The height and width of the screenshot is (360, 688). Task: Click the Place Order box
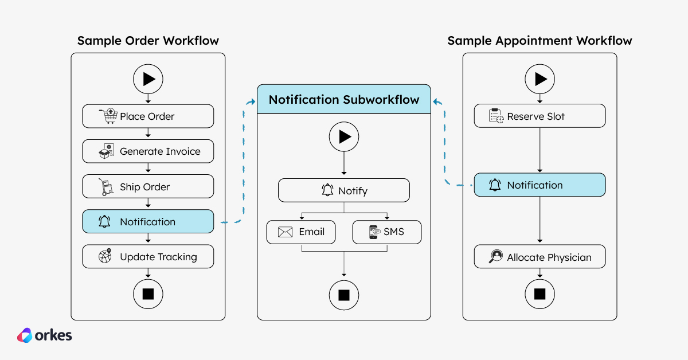[148, 116]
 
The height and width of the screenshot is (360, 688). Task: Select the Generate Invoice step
[148, 151]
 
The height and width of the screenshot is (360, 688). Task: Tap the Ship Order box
[148, 187]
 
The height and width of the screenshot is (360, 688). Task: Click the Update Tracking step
[148, 257]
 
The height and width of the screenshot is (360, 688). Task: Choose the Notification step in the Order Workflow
[148, 222]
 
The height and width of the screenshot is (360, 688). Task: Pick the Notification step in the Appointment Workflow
[540, 185]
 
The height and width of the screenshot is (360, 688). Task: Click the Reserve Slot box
[540, 116]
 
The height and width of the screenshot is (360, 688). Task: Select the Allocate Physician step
[540, 257]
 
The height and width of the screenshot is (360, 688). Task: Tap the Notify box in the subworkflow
[344, 190]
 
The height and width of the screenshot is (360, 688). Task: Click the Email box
[301, 232]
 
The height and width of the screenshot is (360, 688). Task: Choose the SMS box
[386, 232]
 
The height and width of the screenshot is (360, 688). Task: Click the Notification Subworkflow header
[344, 99]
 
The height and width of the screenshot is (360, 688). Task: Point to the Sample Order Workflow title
[148, 41]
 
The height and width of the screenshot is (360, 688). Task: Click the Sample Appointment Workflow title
[540, 41]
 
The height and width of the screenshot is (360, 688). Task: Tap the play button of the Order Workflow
[148, 79]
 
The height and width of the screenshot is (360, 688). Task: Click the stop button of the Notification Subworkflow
[344, 295]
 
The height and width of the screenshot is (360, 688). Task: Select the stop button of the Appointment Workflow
[540, 294]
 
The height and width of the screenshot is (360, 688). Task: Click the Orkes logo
[45, 335]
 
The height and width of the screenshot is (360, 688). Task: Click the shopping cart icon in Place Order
[107, 116]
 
